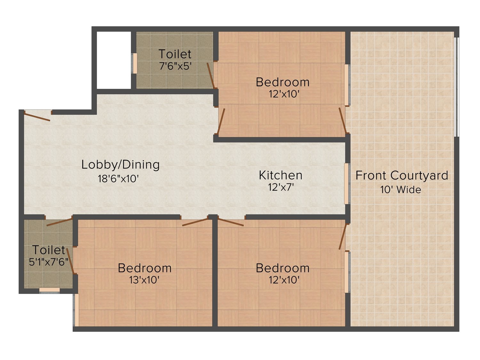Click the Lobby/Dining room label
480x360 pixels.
coord(121,165)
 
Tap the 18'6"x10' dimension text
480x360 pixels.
coord(118,179)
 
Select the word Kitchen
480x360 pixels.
coord(281,175)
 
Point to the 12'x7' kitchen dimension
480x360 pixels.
coord(281,187)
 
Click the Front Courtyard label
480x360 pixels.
coord(402,175)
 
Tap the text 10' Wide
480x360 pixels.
coord(401,189)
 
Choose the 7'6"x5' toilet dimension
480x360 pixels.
coord(175,66)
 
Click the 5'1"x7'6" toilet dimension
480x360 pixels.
coord(49,262)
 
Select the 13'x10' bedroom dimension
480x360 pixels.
coord(144,280)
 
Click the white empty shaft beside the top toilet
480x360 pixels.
coord(114,60)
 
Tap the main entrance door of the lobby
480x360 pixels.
coord(37,116)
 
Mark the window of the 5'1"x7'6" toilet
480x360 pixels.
coord(49,290)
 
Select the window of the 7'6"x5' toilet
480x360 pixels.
coord(134,63)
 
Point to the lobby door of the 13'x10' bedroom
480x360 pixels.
coord(195,222)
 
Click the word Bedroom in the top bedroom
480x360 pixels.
coord(283,82)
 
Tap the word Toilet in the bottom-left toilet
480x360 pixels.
coord(49,250)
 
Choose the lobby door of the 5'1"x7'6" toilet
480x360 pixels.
coord(59,222)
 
